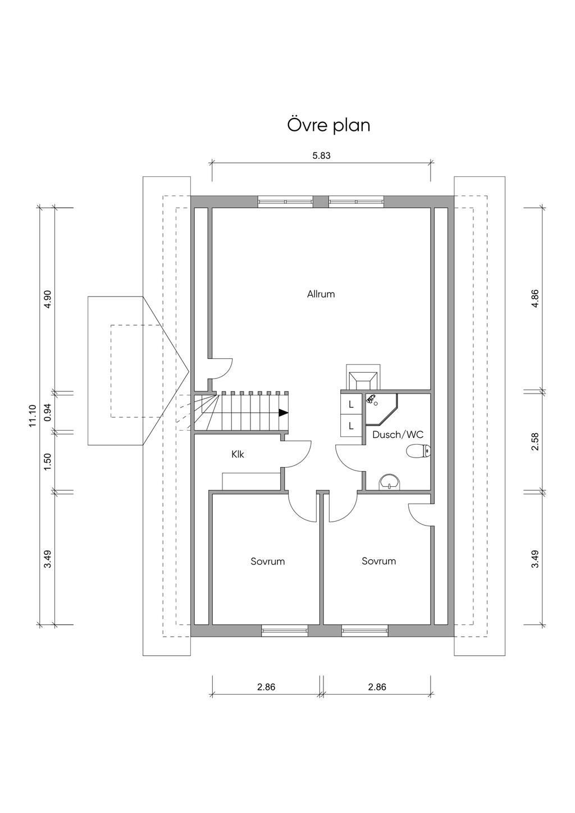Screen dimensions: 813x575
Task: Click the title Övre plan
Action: (328, 125)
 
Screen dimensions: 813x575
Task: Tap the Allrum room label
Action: (321, 294)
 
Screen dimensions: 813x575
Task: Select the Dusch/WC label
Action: (398, 435)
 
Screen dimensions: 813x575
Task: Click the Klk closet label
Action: (238, 455)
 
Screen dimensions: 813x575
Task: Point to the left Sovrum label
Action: (267, 561)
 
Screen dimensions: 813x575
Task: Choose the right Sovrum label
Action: (378, 561)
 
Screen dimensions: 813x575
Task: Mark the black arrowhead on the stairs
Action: (284, 413)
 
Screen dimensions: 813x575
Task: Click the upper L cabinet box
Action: (351, 404)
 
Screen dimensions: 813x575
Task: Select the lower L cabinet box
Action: (351, 426)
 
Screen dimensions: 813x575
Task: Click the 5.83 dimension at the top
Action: (321, 156)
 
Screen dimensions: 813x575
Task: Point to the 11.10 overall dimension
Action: (32, 416)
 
